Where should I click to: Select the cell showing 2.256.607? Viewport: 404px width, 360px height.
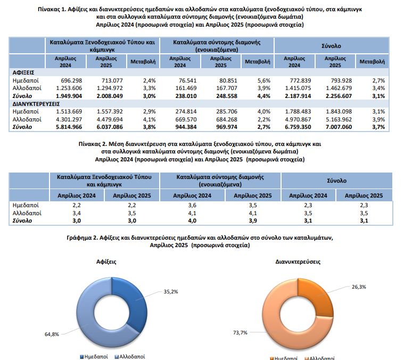(x=339, y=96)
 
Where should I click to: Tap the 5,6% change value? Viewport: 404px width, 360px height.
(x=264, y=80)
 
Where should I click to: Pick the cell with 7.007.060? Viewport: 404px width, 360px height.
(x=339, y=127)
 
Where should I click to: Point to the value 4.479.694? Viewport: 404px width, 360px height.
(x=110, y=120)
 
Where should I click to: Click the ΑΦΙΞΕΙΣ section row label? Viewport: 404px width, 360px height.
(x=23, y=72)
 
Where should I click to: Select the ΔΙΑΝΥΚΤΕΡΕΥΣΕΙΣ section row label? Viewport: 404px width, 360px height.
(x=36, y=104)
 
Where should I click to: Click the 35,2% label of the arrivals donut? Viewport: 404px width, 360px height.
(x=171, y=292)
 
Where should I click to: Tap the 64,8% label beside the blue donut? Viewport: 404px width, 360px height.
(x=52, y=334)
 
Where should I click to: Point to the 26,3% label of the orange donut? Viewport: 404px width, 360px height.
(x=359, y=287)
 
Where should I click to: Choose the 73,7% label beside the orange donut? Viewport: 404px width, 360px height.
(x=240, y=333)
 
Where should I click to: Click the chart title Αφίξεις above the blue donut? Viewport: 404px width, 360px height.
(x=106, y=262)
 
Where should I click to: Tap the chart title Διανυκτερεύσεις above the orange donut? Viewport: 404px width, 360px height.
(x=298, y=262)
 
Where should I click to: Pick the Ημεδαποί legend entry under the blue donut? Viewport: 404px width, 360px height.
(x=94, y=357)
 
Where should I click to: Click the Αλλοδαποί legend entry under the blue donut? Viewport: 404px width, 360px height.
(x=130, y=357)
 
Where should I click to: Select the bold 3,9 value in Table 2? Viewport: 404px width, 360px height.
(x=253, y=221)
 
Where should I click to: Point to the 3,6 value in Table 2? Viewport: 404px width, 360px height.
(x=192, y=206)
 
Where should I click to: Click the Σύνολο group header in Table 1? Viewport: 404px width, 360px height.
(x=331, y=46)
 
